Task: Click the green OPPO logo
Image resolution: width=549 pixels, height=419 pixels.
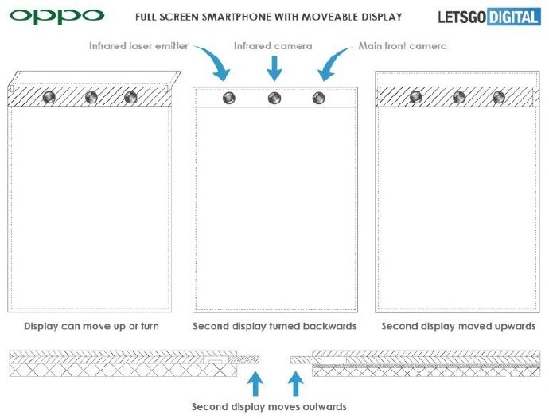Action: pos(56,16)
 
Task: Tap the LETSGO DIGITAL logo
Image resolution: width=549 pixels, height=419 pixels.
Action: pos(489,17)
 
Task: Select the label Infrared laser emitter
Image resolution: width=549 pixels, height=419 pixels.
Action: pos(138,46)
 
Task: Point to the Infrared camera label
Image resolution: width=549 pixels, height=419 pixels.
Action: pos(273,46)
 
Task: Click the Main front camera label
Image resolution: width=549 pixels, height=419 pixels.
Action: pos(403,46)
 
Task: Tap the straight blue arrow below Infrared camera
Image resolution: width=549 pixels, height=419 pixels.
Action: pos(274,68)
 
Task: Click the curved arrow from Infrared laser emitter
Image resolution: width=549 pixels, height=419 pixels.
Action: pos(214,61)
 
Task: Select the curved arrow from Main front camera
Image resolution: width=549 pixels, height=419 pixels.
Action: pos(333,63)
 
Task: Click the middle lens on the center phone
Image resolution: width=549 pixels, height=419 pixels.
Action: pos(274,98)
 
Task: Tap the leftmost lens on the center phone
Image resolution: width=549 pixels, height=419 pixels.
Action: pos(229,98)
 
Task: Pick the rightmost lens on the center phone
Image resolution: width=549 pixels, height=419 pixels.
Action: pos(318,98)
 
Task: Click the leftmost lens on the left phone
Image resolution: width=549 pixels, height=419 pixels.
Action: pos(49,97)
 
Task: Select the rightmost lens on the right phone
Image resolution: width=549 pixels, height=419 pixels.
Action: pos(499,97)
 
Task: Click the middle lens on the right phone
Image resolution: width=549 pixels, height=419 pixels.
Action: pos(459,97)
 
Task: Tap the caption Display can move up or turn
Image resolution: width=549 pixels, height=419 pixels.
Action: pos(91,326)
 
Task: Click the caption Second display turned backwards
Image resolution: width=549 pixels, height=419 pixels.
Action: pos(274,326)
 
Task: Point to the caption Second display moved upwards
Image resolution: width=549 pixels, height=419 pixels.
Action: pos(458,326)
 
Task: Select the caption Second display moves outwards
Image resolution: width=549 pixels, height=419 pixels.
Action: pos(269,407)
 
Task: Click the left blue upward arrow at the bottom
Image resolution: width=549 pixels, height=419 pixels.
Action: pos(255,383)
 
